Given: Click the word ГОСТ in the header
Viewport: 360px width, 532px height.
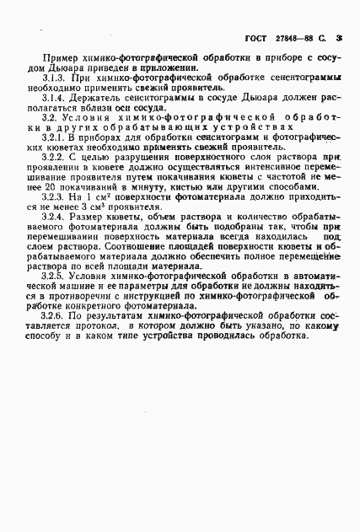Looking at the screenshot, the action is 255,39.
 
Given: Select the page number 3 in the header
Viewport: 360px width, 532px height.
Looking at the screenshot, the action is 338,39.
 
